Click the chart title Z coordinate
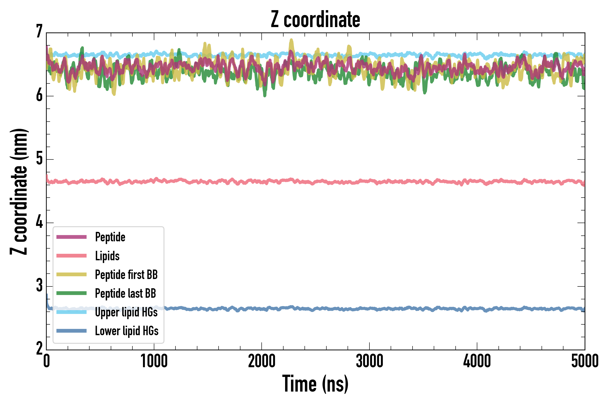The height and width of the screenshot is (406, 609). coord(315,19)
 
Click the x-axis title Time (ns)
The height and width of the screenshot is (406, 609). coord(315,384)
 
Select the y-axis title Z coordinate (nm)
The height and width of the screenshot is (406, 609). coord(19,191)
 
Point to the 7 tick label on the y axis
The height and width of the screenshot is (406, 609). coord(39,32)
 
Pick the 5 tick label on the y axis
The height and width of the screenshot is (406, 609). coord(39,159)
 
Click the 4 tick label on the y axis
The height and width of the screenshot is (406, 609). coord(39,222)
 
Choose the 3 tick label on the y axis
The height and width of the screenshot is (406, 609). coord(39,286)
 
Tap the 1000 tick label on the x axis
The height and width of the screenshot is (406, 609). coord(154,361)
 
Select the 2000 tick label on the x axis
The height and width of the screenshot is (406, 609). coord(261,361)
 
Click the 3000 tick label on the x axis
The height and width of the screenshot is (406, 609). coord(369,361)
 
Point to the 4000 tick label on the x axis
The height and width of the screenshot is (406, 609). coord(477,361)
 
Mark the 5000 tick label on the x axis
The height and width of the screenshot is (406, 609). coord(585,361)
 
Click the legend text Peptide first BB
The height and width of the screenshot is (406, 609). coord(126,275)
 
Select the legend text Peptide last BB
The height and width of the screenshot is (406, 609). coord(126,293)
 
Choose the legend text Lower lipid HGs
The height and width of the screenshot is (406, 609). coord(127,331)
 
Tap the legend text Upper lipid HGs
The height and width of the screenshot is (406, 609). coord(126,312)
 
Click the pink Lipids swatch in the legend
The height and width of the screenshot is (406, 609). coord(72,256)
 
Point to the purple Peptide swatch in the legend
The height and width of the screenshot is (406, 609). coord(72,237)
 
